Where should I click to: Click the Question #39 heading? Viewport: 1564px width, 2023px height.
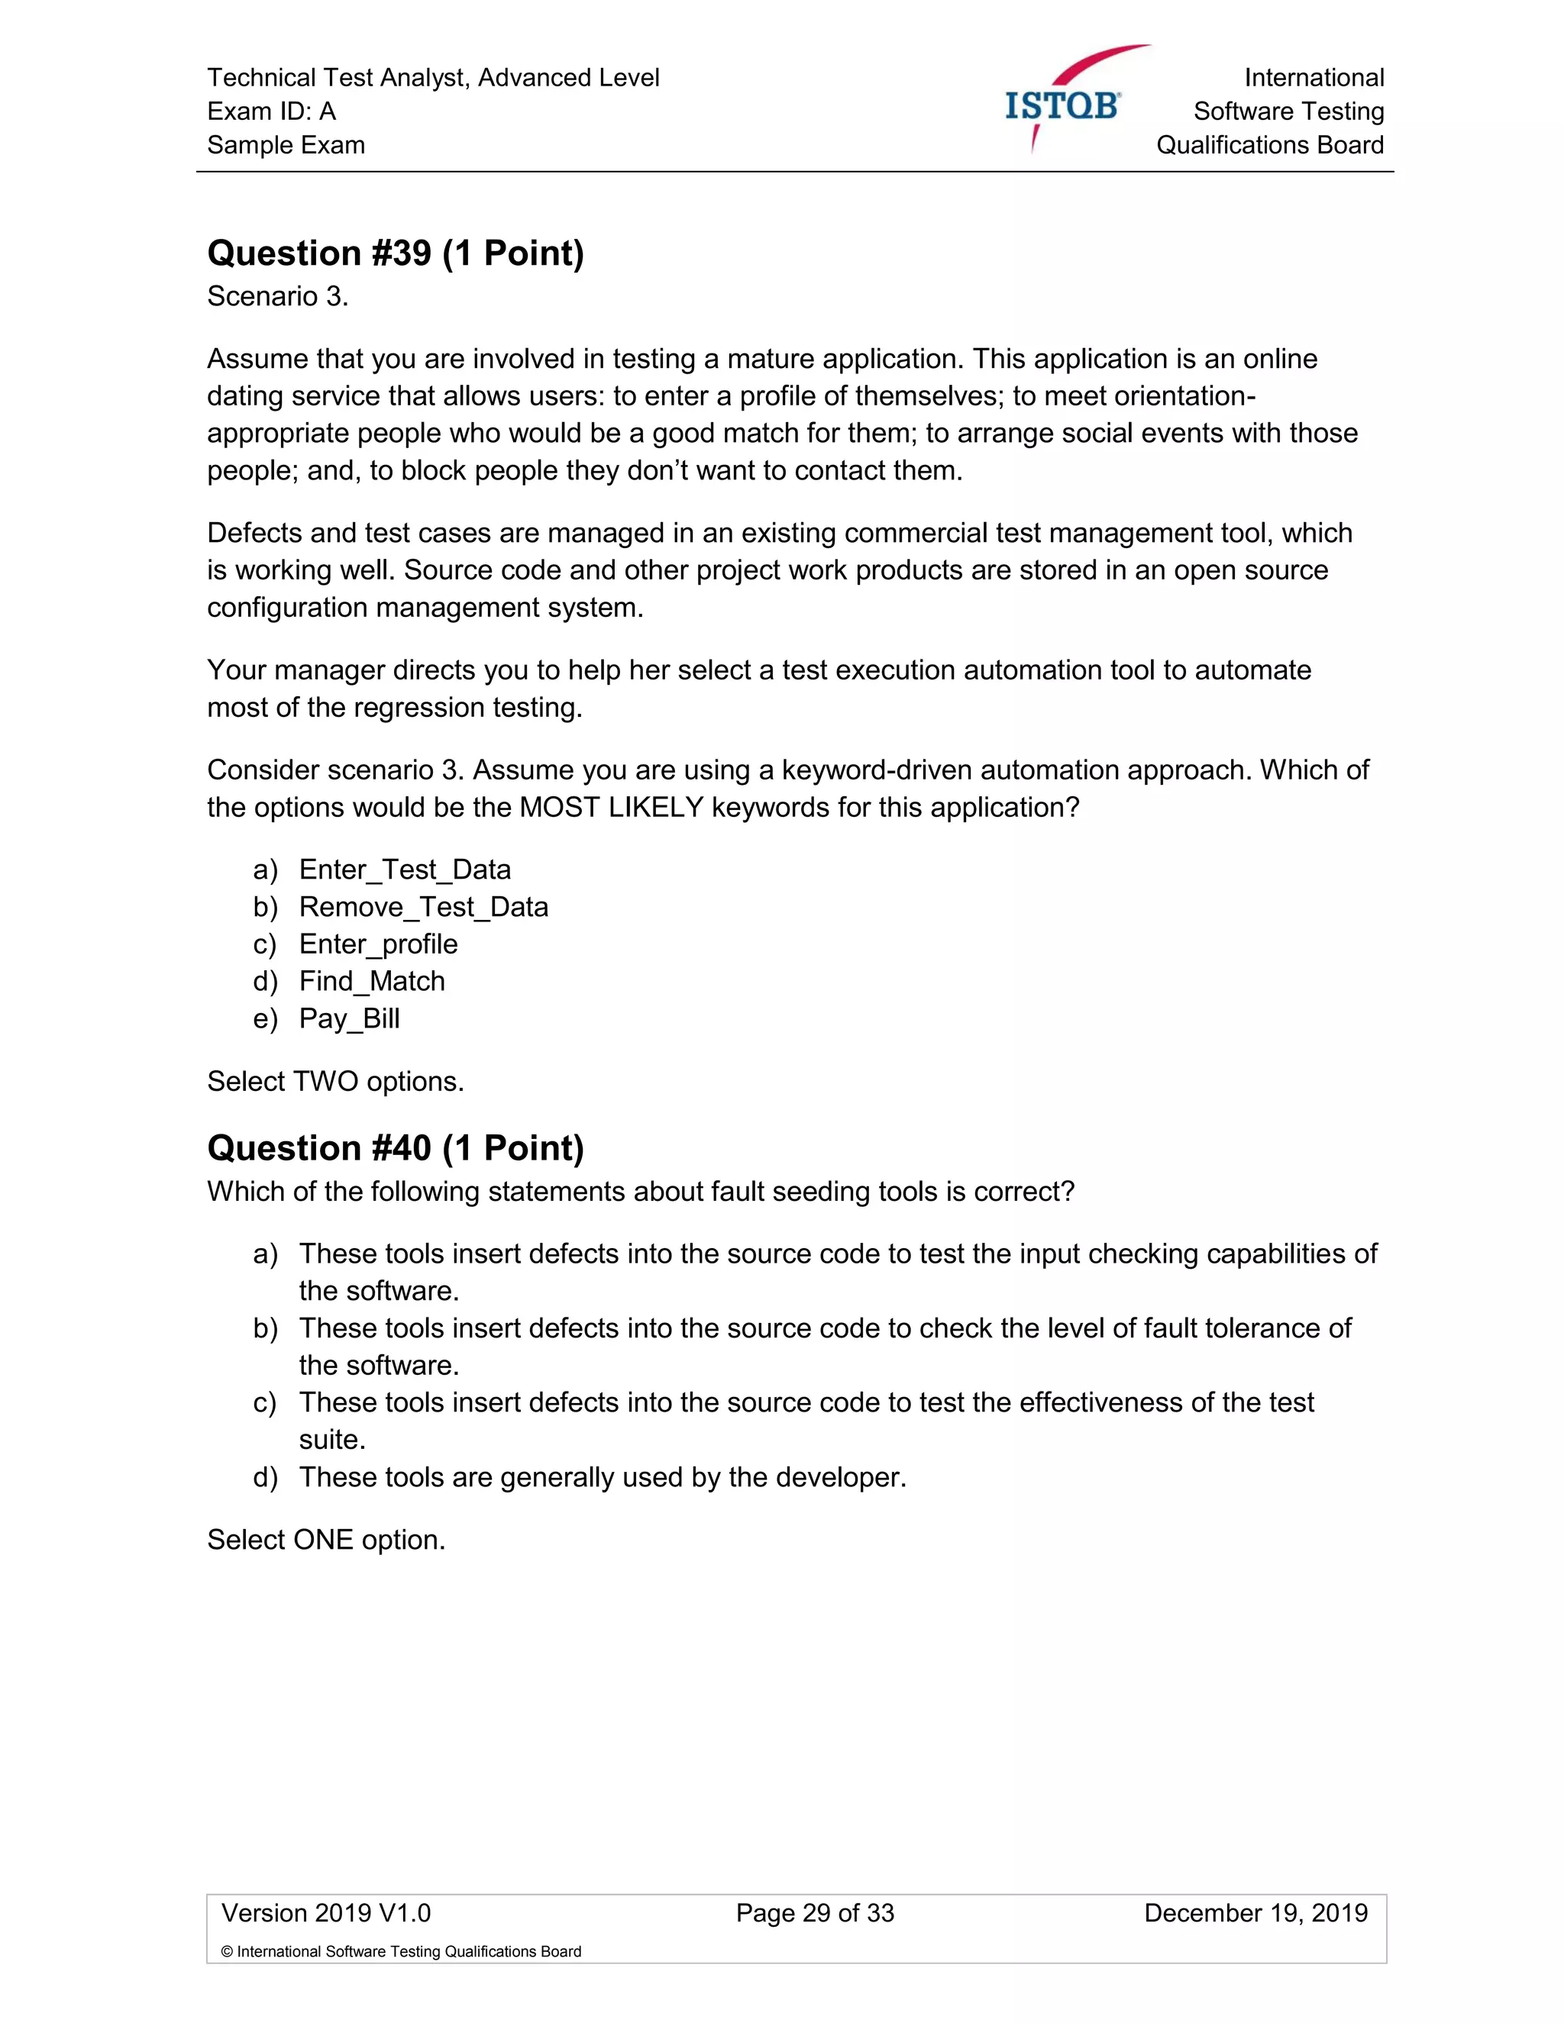tap(396, 253)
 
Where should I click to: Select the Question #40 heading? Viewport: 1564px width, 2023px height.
tap(396, 1147)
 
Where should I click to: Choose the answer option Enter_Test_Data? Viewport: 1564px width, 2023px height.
tap(404, 870)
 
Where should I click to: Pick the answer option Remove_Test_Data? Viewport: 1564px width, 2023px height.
tap(422, 907)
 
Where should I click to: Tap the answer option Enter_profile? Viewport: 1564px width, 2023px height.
tap(378, 944)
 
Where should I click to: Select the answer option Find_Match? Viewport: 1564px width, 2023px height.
tap(372, 981)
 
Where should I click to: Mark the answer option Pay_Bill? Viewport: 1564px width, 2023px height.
tap(349, 1018)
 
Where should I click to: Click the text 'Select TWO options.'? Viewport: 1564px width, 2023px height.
tap(335, 1081)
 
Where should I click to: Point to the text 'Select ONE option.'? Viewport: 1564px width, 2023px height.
tap(326, 1540)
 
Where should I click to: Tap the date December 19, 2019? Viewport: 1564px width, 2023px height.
tap(1255, 1913)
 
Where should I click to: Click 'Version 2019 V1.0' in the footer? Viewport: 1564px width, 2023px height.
tap(326, 1913)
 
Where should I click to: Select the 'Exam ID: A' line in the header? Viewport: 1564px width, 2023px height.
tap(271, 111)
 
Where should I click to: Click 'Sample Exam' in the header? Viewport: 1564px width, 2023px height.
tap(286, 145)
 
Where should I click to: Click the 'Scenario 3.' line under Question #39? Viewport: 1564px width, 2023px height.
tap(278, 296)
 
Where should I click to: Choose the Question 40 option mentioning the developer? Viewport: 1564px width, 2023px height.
tap(603, 1476)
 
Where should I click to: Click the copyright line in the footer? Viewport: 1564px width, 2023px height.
tap(401, 1952)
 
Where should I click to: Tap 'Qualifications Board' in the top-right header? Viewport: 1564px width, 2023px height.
tap(1269, 145)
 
